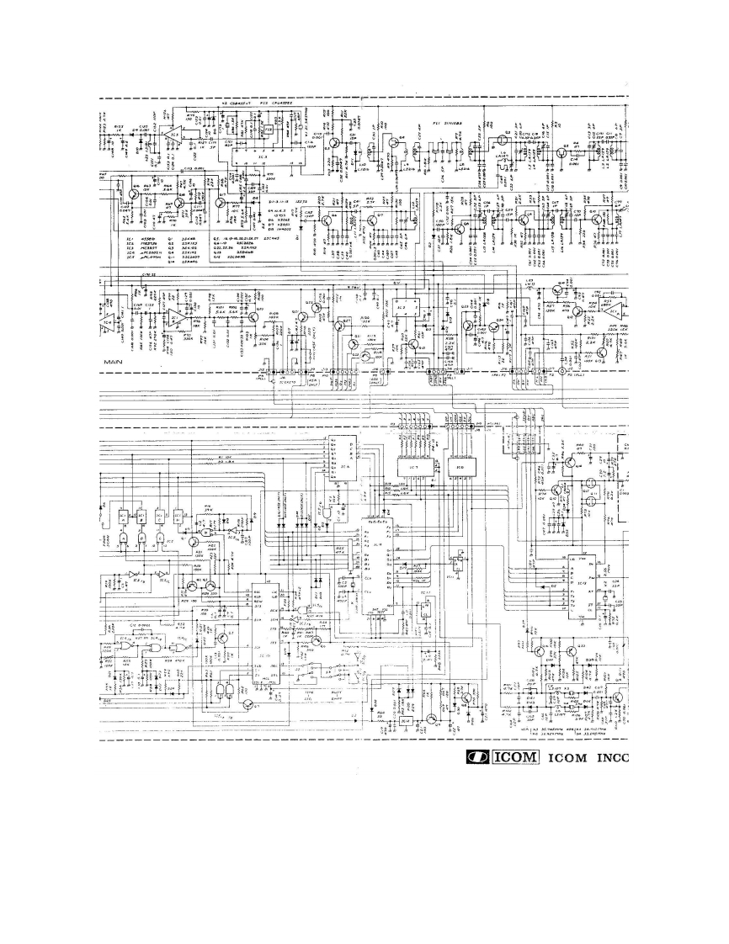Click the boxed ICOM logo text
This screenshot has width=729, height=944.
514,756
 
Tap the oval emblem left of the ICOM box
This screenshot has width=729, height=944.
477,756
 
